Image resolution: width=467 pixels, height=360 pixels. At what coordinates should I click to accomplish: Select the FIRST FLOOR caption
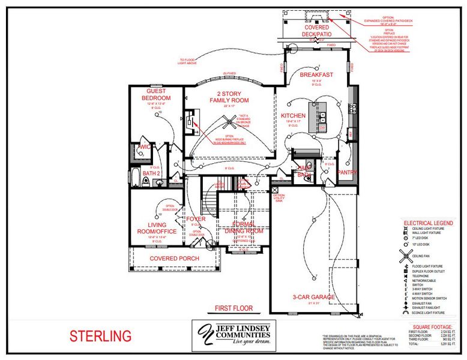coord(233,308)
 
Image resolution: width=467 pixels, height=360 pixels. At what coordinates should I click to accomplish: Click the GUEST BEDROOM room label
coord(155,94)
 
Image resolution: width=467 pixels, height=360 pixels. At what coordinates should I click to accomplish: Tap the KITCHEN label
coord(294,115)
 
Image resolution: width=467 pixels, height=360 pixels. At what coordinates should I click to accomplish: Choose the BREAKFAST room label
coord(316,74)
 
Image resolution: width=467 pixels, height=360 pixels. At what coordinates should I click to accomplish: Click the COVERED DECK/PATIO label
coord(316,31)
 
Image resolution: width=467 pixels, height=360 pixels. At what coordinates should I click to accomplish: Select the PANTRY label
coord(347,173)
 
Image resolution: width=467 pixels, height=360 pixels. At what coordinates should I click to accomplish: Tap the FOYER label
coord(196,220)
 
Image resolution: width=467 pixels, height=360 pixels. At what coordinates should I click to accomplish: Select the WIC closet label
coord(144,146)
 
